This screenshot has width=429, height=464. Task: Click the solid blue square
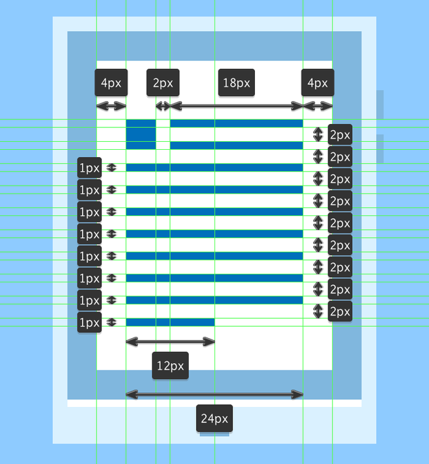coord(141,135)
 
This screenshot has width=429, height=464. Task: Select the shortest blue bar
coord(171,322)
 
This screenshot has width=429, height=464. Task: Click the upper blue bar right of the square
coord(236,123)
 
